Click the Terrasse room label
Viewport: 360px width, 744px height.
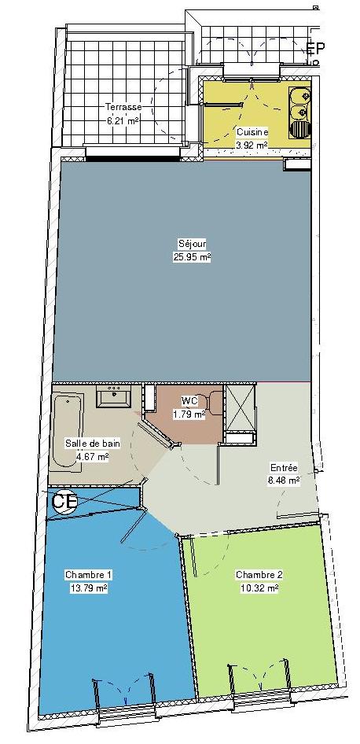point(123,107)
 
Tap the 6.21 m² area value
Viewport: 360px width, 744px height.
point(123,120)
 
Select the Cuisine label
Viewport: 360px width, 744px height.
point(252,132)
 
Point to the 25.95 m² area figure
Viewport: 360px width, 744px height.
point(192,257)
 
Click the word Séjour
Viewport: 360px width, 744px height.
point(192,245)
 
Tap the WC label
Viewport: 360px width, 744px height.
point(189,401)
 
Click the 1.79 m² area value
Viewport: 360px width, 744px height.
point(189,414)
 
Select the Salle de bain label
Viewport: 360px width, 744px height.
point(93,444)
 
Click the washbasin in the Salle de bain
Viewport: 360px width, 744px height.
point(113,396)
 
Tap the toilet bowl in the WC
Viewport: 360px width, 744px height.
point(215,403)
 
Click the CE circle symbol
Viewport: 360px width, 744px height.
point(64,502)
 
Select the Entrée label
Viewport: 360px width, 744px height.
point(283,467)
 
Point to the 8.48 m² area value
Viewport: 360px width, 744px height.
point(283,481)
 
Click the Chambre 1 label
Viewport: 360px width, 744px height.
point(89,575)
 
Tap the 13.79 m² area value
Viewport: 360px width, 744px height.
point(88,588)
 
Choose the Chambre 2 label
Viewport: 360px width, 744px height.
point(259,575)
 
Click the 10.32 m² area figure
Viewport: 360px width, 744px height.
point(259,588)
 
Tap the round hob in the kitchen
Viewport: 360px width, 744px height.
point(299,128)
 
